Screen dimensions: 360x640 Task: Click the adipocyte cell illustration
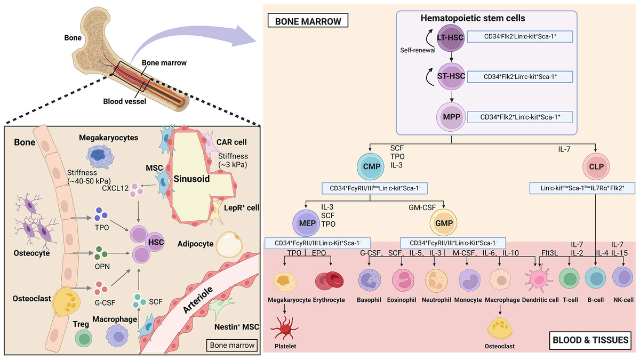tap(233, 244)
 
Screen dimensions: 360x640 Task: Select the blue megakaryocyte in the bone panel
tap(100, 156)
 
